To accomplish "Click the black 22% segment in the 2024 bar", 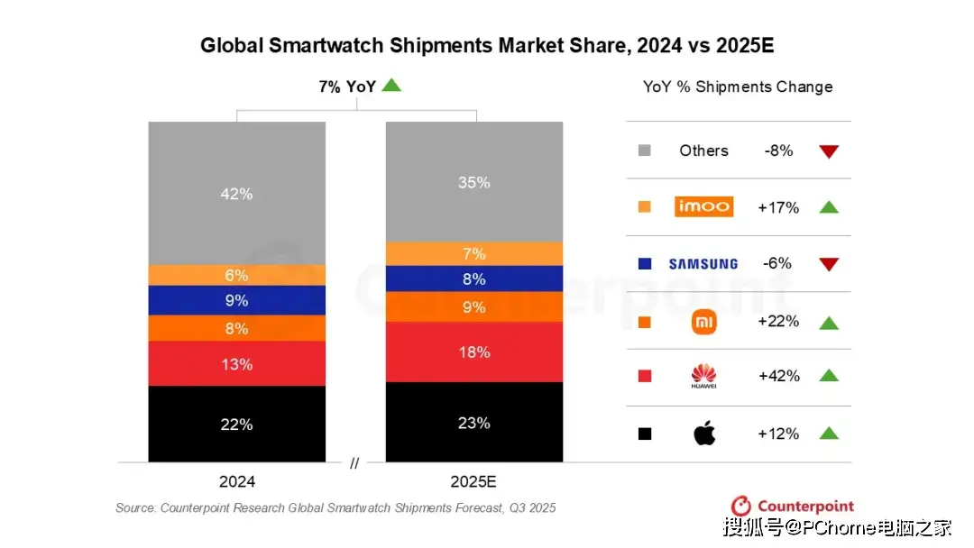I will [236, 424].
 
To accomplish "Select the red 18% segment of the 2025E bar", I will [474, 352].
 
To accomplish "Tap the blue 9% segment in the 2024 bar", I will [236, 300].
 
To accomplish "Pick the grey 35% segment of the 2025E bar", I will [474, 182].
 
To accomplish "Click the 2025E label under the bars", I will [474, 482].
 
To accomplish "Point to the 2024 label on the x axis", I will [236, 482].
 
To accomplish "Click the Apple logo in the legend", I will [704, 434].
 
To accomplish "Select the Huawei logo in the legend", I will [703, 376].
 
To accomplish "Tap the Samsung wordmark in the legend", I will [703, 264].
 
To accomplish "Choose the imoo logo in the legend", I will [703, 207].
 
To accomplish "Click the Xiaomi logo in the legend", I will [703, 322].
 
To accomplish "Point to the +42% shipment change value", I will [778, 376].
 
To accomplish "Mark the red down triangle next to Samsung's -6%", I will [829, 264].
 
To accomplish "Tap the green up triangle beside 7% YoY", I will [391, 87].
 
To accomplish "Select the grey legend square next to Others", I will [644, 151].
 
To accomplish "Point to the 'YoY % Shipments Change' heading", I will [738, 87].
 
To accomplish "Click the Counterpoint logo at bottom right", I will [793, 507].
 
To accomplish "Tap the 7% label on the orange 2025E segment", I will [474, 253].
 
